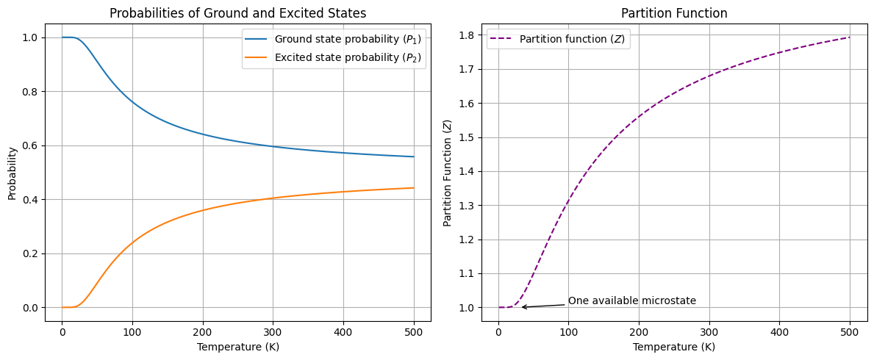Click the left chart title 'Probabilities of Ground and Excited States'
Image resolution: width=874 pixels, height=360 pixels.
(237, 12)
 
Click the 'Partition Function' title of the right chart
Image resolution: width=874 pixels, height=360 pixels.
(674, 12)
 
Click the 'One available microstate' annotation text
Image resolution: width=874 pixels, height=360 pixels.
(631, 301)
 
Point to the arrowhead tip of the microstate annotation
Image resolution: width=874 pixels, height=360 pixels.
(521, 307)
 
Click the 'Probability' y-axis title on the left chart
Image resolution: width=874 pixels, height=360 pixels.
(12, 173)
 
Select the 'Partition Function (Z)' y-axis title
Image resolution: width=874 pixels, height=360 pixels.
(448, 173)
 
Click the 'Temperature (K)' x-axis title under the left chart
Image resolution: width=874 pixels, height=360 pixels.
(237, 347)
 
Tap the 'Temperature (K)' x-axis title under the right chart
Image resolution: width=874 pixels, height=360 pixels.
(674, 347)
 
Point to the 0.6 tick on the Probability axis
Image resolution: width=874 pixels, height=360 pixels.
(32, 145)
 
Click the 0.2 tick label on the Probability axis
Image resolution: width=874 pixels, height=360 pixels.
(32, 253)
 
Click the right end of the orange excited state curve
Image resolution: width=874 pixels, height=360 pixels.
(414, 188)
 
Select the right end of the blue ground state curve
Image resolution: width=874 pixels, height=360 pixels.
(414, 156)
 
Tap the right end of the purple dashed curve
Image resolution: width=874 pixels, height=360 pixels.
(850, 37)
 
